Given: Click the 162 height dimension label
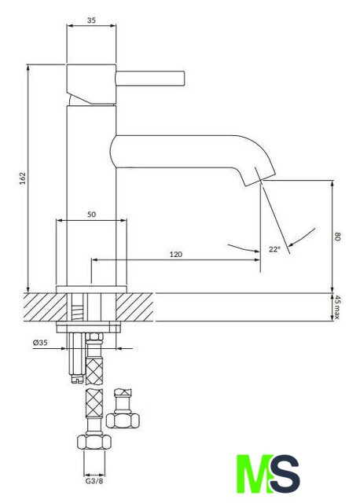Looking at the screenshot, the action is pyautogui.click(x=23, y=178).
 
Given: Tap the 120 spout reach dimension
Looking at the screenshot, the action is pyautogui.click(x=176, y=255).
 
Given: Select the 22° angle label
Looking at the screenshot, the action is pyautogui.click(x=274, y=249).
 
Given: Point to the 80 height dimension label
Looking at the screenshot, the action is pyautogui.click(x=337, y=237).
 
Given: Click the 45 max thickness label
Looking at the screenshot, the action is pyautogui.click(x=337, y=307).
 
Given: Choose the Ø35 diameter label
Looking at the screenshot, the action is pyautogui.click(x=40, y=343).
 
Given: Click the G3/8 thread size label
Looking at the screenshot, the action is pyautogui.click(x=94, y=481).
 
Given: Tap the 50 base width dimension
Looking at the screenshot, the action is pyautogui.click(x=91, y=215).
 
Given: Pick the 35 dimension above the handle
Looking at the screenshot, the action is pyautogui.click(x=91, y=20).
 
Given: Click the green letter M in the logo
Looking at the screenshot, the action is pyautogui.click(x=253, y=473).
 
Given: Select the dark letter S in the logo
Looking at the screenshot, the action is pyautogui.click(x=285, y=473).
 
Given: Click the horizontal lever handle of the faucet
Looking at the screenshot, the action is pyautogui.click(x=150, y=79).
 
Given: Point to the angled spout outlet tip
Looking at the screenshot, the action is pyautogui.click(x=260, y=177).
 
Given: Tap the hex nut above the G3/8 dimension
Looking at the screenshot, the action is pyautogui.click(x=94, y=442).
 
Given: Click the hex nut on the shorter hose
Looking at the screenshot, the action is pyautogui.click(x=123, y=420).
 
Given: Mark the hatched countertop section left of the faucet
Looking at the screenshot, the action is pyautogui.click(x=45, y=307).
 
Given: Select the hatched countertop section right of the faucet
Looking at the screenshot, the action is pyautogui.click(x=134, y=307).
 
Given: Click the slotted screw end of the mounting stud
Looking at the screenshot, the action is pyautogui.click(x=77, y=379).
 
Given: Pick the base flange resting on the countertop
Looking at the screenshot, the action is pyautogui.click(x=91, y=289).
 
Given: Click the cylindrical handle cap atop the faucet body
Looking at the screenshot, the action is pyautogui.click(x=91, y=84).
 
